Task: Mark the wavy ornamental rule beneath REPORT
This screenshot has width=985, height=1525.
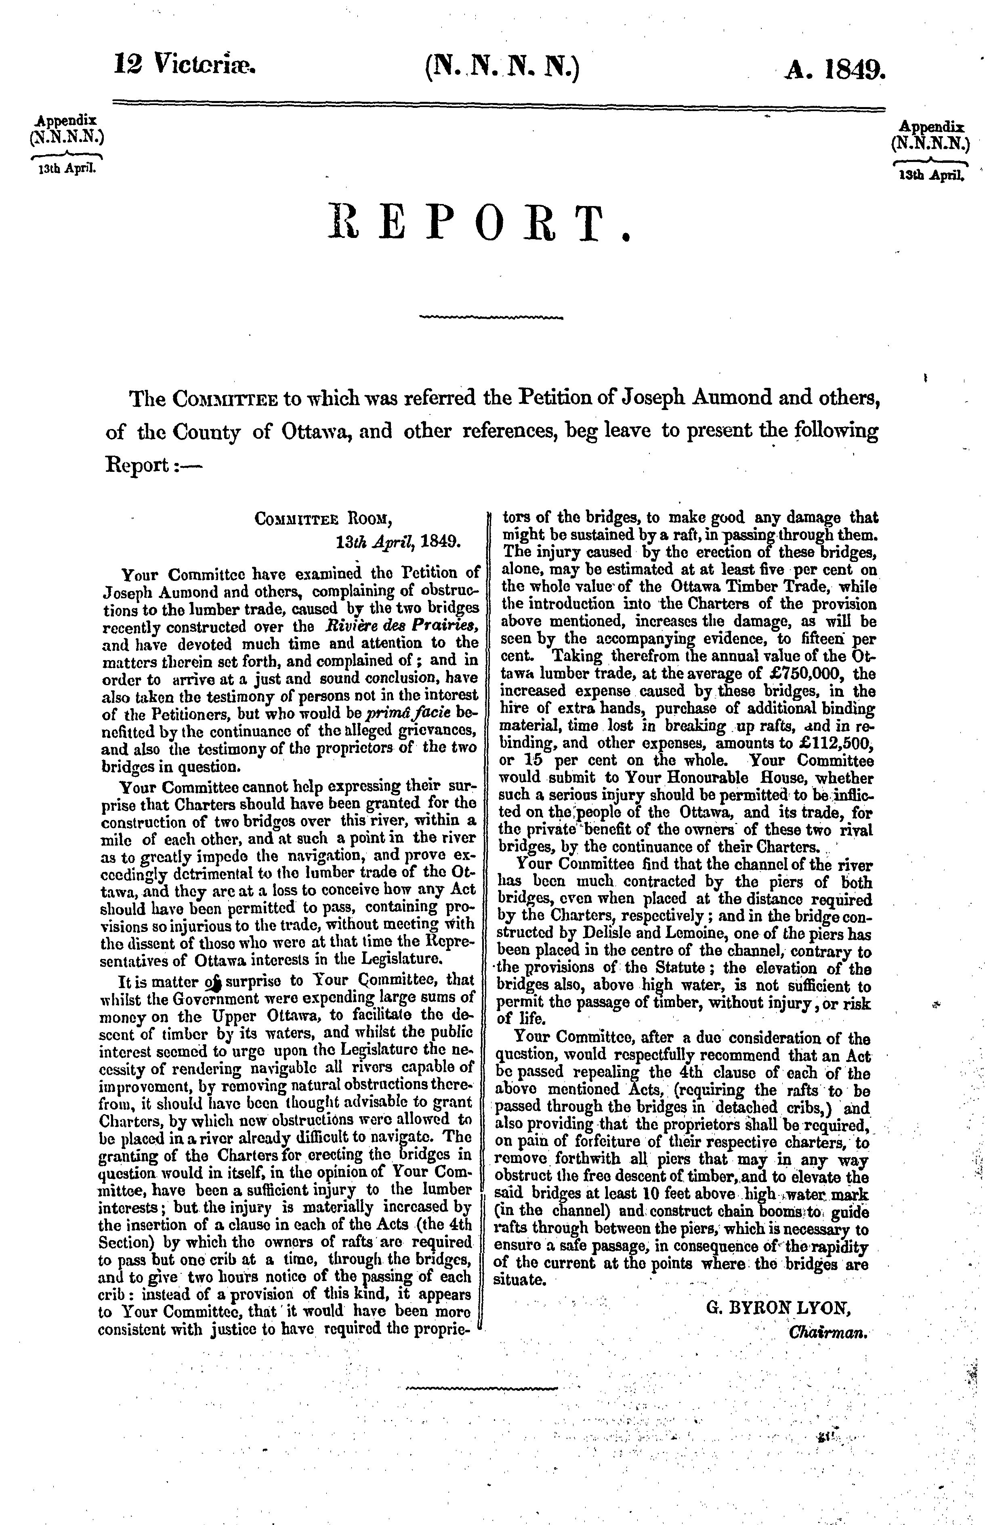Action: [491, 317]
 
